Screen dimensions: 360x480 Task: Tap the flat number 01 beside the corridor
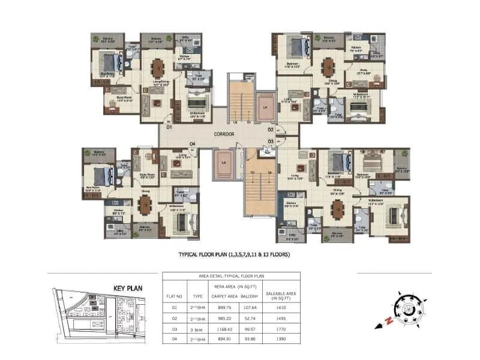tap(169, 127)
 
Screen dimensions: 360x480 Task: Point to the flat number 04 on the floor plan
tap(193, 143)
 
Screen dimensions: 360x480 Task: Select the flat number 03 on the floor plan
tap(271, 141)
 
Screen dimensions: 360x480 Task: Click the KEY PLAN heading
tap(128, 288)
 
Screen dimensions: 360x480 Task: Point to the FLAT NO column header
tap(174, 295)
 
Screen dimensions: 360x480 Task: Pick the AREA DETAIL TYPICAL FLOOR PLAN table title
tap(231, 276)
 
